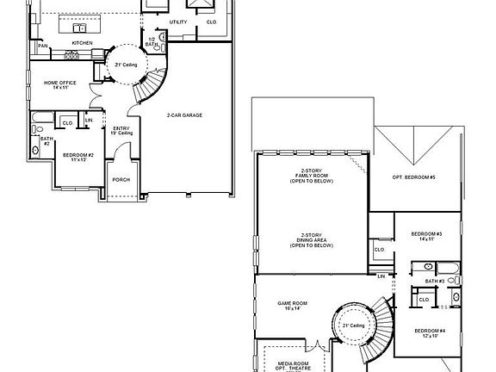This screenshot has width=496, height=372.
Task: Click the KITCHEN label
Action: click(82, 42)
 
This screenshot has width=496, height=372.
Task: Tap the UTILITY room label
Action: click(178, 22)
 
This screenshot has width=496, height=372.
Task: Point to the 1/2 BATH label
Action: click(152, 41)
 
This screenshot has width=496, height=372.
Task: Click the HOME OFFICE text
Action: click(61, 84)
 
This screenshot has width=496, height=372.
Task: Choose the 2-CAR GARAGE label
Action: click(184, 115)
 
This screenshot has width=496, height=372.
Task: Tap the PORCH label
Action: click(121, 180)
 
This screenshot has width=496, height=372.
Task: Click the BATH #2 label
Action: click(46, 141)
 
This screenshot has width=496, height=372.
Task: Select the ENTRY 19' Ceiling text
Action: click(121, 130)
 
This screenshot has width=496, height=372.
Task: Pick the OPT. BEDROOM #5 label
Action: click(413, 177)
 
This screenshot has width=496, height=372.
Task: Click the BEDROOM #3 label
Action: click(426, 235)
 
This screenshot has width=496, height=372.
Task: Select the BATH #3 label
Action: click(435, 282)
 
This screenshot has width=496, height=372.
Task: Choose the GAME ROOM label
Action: click(293, 305)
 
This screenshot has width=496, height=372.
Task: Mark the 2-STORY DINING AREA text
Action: click(312, 242)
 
